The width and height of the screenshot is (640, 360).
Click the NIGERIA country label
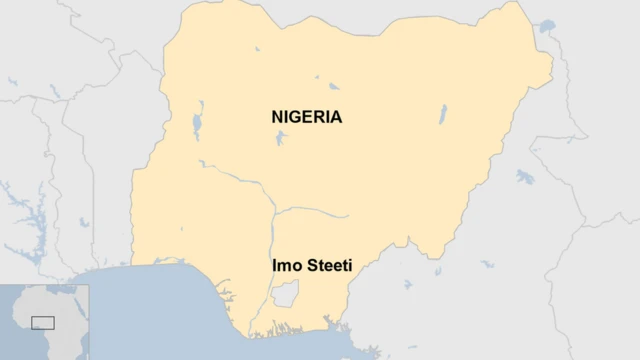click(x=306, y=117)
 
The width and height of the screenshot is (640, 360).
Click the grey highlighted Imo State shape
click(x=285, y=294)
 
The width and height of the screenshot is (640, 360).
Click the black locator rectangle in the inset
click(x=42, y=322)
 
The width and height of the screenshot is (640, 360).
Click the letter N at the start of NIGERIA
click(x=277, y=117)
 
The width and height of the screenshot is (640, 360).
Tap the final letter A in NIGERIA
click(x=336, y=117)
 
